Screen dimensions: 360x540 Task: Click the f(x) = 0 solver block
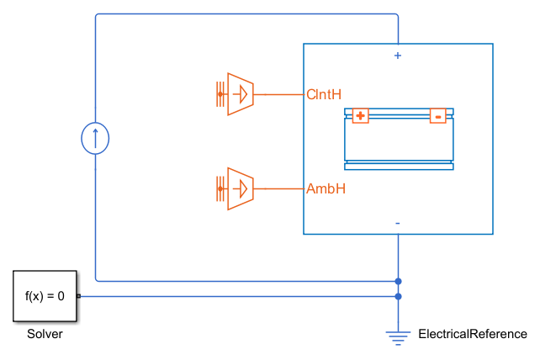pos(45,296)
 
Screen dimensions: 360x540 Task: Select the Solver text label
pos(45,334)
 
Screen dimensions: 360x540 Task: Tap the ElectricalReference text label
pos(473,334)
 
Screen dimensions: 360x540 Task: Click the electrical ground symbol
pos(398,336)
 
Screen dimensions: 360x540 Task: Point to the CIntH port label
pos(325,94)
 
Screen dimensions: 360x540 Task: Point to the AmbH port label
pos(326,188)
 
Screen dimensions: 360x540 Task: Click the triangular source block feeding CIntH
pos(241,94)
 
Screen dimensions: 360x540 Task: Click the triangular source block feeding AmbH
pos(241,188)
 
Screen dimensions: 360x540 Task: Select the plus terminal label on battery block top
pos(398,56)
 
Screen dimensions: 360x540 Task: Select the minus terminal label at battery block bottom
pos(398,223)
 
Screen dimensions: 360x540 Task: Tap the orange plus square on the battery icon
pos(360,116)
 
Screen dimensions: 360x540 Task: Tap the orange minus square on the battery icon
pos(437,116)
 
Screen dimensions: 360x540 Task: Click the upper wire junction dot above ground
pos(398,281)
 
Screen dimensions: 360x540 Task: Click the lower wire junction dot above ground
pos(398,296)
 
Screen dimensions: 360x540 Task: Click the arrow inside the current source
pos(95,136)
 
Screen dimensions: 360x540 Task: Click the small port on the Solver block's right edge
pos(78,296)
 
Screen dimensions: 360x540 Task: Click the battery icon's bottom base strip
pos(399,167)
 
